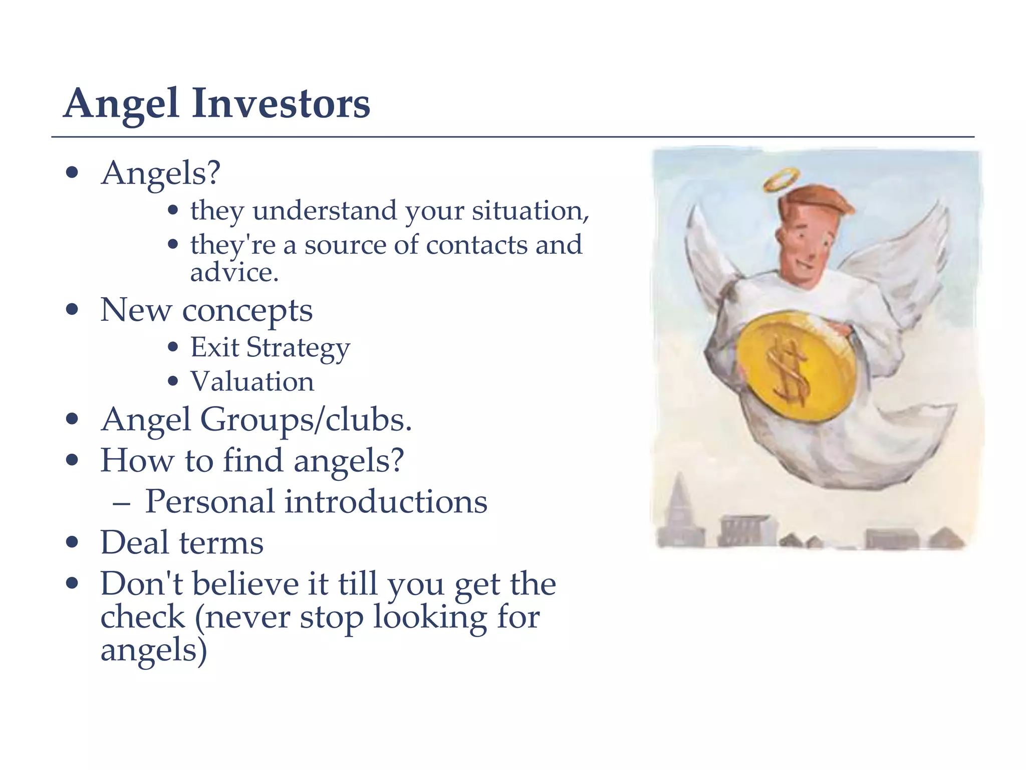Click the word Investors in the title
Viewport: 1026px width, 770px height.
pyautogui.click(x=281, y=103)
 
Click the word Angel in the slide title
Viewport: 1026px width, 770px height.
pyautogui.click(x=121, y=103)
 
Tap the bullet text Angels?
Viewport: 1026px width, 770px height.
pyautogui.click(x=160, y=173)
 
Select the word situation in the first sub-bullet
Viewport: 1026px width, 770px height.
pyautogui.click(x=530, y=211)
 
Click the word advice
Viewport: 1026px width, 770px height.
pyautogui.click(x=233, y=273)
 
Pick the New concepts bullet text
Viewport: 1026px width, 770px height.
pyautogui.click(x=206, y=310)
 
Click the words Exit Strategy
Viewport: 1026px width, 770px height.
pyautogui.click(x=270, y=347)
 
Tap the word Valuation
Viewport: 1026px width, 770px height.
pyautogui.click(x=252, y=381)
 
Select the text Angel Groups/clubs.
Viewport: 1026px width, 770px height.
pyautogui.click(x=256, y=420)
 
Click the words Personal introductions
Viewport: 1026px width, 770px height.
pyautogui.click(x=316, y=501)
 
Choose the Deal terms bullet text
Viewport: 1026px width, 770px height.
pyautogui.click(x=182, y=542)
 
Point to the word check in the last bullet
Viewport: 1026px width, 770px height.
pyautogui.click(x=143, y=617)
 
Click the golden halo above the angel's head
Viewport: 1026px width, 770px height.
pyautogui.click(x=782, y=179)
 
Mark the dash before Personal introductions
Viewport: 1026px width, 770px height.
pyautogui.click(x=122, y=502)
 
